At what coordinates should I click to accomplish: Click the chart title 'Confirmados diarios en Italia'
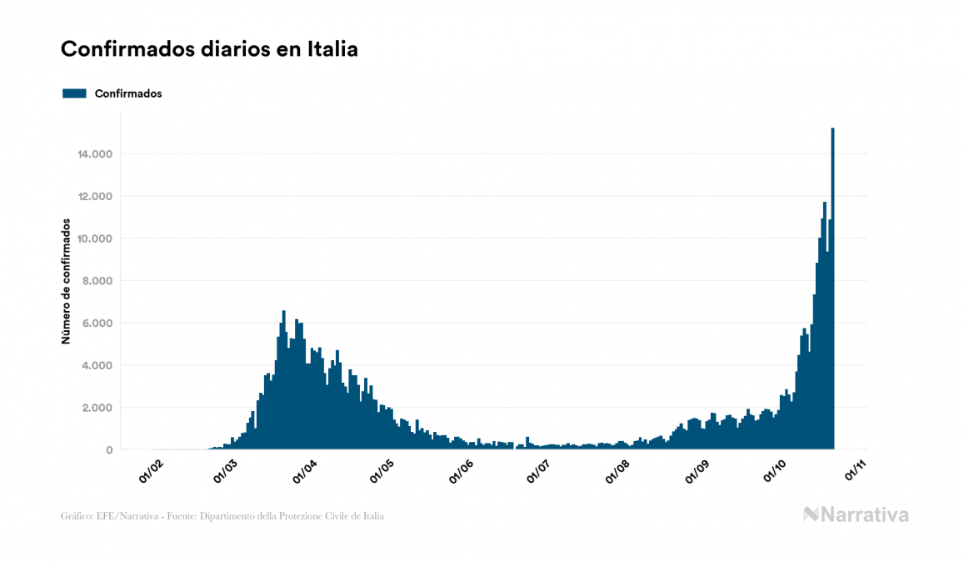click(x=209, y=49)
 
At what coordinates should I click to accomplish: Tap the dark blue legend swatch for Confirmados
click(x=74, y=93)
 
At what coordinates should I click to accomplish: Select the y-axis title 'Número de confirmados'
click(x=65, y=282)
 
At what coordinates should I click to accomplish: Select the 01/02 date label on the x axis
click(x=152, y=471)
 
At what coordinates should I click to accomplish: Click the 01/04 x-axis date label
click(x=306, y=471)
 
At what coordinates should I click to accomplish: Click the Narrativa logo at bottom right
click(x=856, y=514)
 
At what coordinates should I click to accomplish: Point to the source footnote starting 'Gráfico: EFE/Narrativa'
click(x=222, y=516)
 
